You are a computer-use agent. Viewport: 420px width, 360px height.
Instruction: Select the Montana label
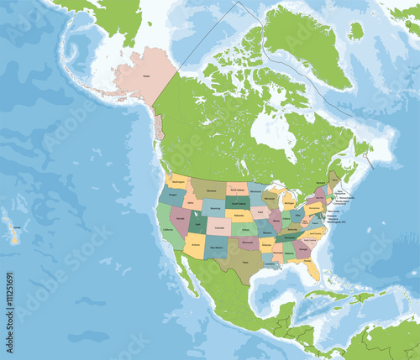pos(207,191)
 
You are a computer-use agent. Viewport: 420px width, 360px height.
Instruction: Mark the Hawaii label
pos(15,225)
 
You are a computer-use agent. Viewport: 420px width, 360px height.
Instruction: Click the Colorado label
pos(218,227)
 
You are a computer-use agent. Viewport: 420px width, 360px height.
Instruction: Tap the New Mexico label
pos(215,248)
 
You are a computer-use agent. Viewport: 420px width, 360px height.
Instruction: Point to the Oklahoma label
pos(249,241)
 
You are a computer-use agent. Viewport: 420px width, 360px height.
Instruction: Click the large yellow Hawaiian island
pos(15,237)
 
